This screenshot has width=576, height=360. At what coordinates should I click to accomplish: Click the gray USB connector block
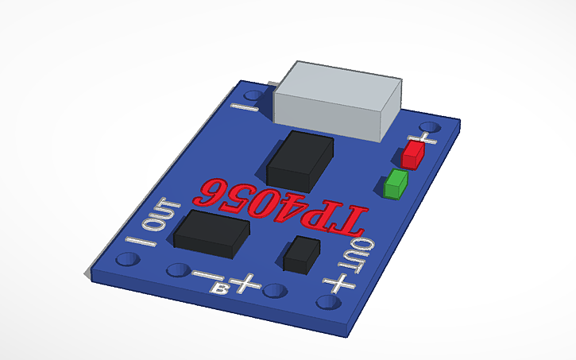coord(337,101)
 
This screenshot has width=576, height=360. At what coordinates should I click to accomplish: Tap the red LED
coord(412,154)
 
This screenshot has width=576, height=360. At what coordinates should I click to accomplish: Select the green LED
coord(395,185)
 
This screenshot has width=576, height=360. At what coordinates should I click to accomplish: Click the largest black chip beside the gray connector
coord(299,160)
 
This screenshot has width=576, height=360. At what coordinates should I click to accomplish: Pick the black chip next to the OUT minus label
coord(211,234)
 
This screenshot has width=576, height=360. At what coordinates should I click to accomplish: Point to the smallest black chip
coord(301,254)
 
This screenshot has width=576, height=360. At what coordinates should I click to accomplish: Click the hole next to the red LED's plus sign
coord(433,127)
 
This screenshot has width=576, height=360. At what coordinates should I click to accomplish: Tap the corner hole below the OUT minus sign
coord(126,260)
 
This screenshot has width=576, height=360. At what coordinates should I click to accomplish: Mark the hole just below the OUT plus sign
coord(327,303)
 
